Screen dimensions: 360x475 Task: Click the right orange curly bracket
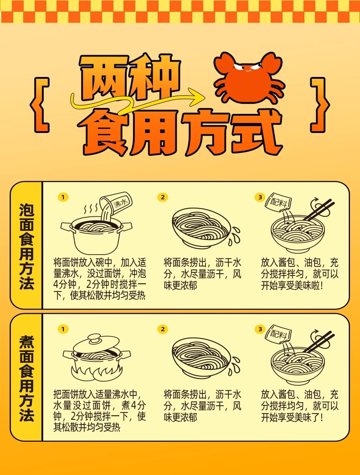(x=320, y=105)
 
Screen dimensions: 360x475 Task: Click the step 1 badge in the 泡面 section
(x=63, y=197)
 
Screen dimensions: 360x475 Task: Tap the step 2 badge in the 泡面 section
(x=163, y=197)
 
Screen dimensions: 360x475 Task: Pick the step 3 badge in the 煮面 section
(x=260, y=329)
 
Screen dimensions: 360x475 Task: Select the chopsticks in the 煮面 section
(x=318, y=342)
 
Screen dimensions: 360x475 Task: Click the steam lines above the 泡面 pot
(x=91, y=209)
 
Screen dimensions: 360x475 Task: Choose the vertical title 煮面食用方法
(x=27, y=378)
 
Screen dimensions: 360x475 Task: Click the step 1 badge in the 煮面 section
(x=63, y=329)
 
